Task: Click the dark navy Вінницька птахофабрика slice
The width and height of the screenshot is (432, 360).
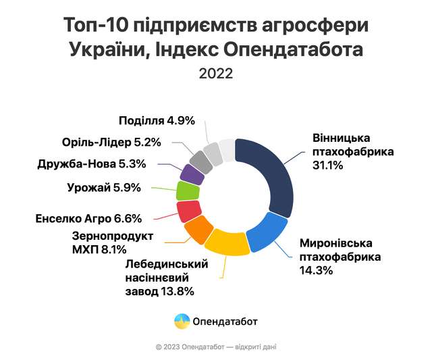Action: pyautogui.click(x=273, y=176)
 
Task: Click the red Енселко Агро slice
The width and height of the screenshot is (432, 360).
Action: pyautogui.click(x=187, y=211)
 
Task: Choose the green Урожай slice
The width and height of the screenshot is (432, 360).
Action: pyautogui.click(x=186, y=190)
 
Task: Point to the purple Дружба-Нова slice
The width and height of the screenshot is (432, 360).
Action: pyautogui.click(x=192, y=174)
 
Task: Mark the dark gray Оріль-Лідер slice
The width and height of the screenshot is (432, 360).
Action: pyautogui.click(x=201, y=160)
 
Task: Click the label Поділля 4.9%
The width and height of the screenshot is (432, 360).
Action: pyautogui.click(x=156, y=121)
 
